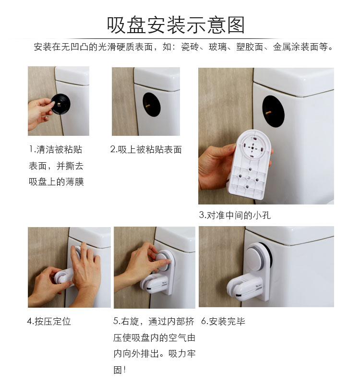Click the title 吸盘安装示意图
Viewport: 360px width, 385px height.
tap(176, 25)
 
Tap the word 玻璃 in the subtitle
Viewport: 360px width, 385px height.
tap(217, 47)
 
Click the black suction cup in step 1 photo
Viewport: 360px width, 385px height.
tap(60, 104)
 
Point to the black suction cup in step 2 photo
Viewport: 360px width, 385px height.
tap(152, 104)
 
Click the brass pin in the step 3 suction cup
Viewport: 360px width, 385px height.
tap(268, 113)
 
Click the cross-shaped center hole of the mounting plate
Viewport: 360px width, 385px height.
tap(252, 148)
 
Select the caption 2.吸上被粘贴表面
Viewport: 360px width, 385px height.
tap(146, 149)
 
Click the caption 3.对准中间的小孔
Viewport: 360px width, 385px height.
tap(235, 215)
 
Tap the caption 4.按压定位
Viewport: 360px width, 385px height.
tap(49, 321)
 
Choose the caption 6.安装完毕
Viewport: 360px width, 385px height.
tap(223, 321)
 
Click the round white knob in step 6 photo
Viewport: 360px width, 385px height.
tap(257, 258)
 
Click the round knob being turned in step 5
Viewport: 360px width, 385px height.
tap(163, 261)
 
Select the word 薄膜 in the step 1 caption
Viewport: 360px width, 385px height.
tap(75, 181)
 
